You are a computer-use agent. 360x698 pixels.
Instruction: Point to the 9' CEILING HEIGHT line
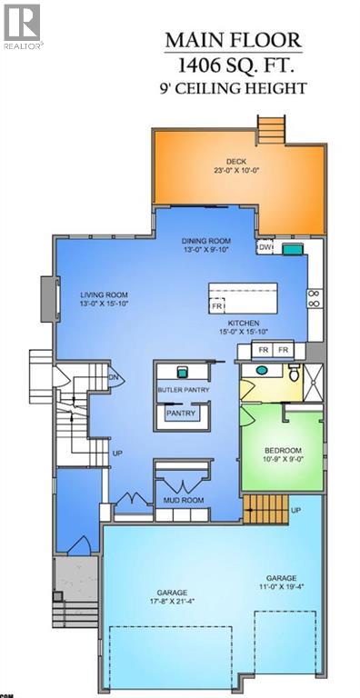pos(233,89)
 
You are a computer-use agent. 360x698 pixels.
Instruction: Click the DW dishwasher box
pos(265,247)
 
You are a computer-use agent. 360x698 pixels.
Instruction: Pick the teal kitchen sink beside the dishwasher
pos(291,247)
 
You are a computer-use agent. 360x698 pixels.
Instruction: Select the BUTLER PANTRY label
pos(184,390)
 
